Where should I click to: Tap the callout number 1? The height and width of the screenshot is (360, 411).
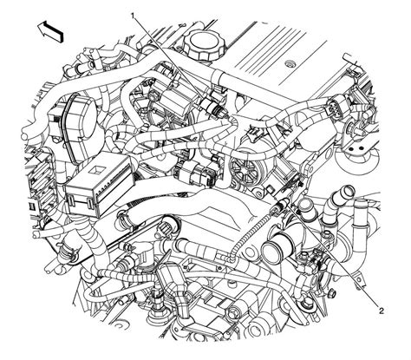tap(132, 16)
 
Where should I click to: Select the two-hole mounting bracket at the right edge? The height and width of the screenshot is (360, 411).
tap(356, 156)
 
